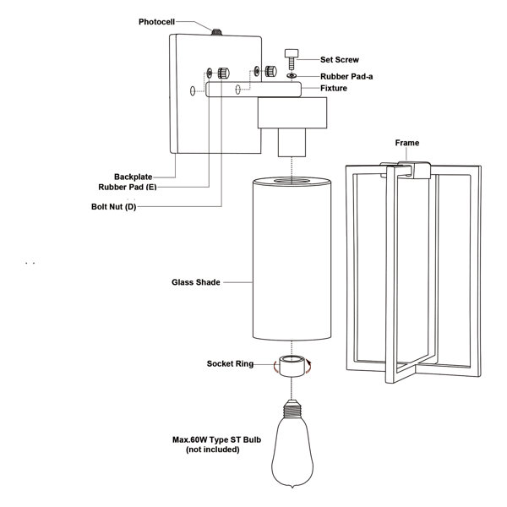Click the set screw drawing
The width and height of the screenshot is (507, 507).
292,59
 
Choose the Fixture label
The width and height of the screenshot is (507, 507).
335,89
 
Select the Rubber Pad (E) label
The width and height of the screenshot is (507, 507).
129,186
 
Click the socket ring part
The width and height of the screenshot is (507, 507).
290,367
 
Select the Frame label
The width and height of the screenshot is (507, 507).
407,144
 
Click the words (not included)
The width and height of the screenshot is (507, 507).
212,450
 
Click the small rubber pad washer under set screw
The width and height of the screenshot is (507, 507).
292,76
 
